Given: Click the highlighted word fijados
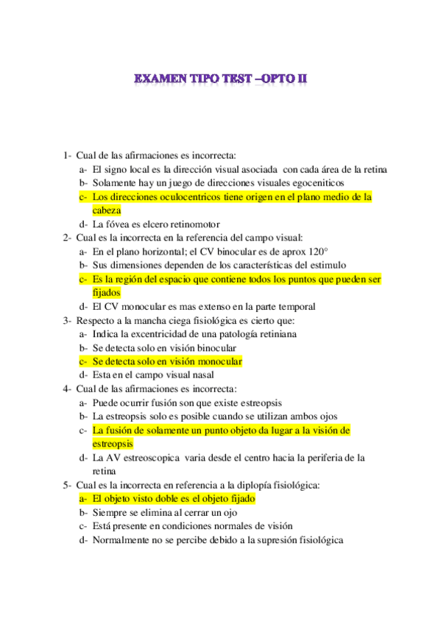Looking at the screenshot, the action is pos(107,292).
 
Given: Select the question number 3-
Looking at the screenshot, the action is pos(67,320).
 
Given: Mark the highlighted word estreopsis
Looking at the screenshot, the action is pos(113,444).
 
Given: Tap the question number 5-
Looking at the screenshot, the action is pos(67,485).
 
